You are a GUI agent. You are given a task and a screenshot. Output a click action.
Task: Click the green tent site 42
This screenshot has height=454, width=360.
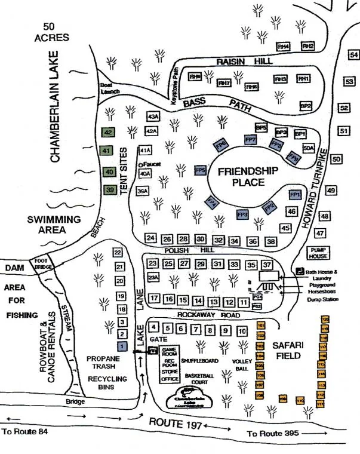tap(108, 133)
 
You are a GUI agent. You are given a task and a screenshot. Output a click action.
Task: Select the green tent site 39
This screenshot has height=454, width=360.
tap(109, 190)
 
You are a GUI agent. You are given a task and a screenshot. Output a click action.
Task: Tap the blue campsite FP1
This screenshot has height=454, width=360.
tap(294, 195)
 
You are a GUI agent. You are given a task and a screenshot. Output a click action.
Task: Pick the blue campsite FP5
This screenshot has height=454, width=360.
tap(201, 170)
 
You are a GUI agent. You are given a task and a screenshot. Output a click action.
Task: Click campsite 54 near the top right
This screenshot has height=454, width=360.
tap(353, 56)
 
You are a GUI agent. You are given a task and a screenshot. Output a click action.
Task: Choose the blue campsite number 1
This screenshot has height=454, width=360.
tap(122, 346)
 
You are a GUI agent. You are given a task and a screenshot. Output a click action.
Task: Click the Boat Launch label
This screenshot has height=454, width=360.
tap(107, 88)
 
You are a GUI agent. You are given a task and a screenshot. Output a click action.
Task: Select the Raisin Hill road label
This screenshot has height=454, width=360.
tap(244, 62)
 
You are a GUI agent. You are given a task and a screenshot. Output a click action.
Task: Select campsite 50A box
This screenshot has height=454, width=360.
tap(308, 148)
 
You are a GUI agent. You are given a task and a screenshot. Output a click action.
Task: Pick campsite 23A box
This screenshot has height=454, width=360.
tap(153, 277)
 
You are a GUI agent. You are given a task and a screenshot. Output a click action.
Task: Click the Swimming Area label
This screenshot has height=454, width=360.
tap(54, 225)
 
